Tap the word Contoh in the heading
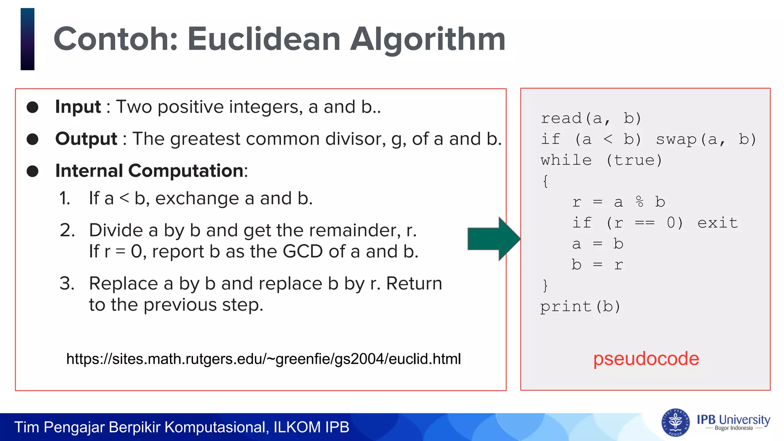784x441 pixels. coord(115,39)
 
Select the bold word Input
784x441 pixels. coord(78,107)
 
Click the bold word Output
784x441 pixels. coord(86,139)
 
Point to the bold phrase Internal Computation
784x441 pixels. coord(149,171)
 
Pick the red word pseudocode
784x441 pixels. coord(646,359)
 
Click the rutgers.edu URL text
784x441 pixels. coord(263,359)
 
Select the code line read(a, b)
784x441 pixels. coord(590,118)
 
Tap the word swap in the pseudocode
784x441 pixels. coord(676,140)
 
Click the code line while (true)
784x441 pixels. coord(601,160)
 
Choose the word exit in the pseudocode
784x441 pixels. coord(717,223)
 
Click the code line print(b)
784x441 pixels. coord(580,307)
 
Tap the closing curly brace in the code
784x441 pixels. coord(545,286)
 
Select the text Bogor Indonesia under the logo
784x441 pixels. coord(733,428)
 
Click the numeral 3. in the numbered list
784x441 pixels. coord(67,284)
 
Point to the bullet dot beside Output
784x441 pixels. coord(33,139)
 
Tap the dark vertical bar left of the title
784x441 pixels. coord(28,39)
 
